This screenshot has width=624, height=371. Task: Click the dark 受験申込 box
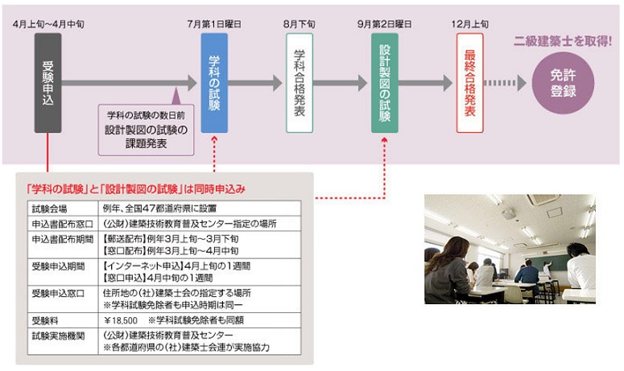[48, 82]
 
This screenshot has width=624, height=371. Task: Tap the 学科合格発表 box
[299, 82]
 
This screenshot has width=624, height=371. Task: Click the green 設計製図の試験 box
[384, 82]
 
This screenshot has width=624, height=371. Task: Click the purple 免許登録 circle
[564, 83]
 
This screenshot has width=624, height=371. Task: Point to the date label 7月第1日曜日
[213, 25]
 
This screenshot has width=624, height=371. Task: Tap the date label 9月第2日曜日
[384, 25]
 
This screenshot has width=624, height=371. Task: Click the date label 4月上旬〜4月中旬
[48, 25]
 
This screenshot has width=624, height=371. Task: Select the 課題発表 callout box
[146, 128]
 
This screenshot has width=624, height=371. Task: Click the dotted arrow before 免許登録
[505, 82]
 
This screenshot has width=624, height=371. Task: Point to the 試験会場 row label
[49, 208]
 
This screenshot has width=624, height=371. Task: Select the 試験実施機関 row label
[55, 334]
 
